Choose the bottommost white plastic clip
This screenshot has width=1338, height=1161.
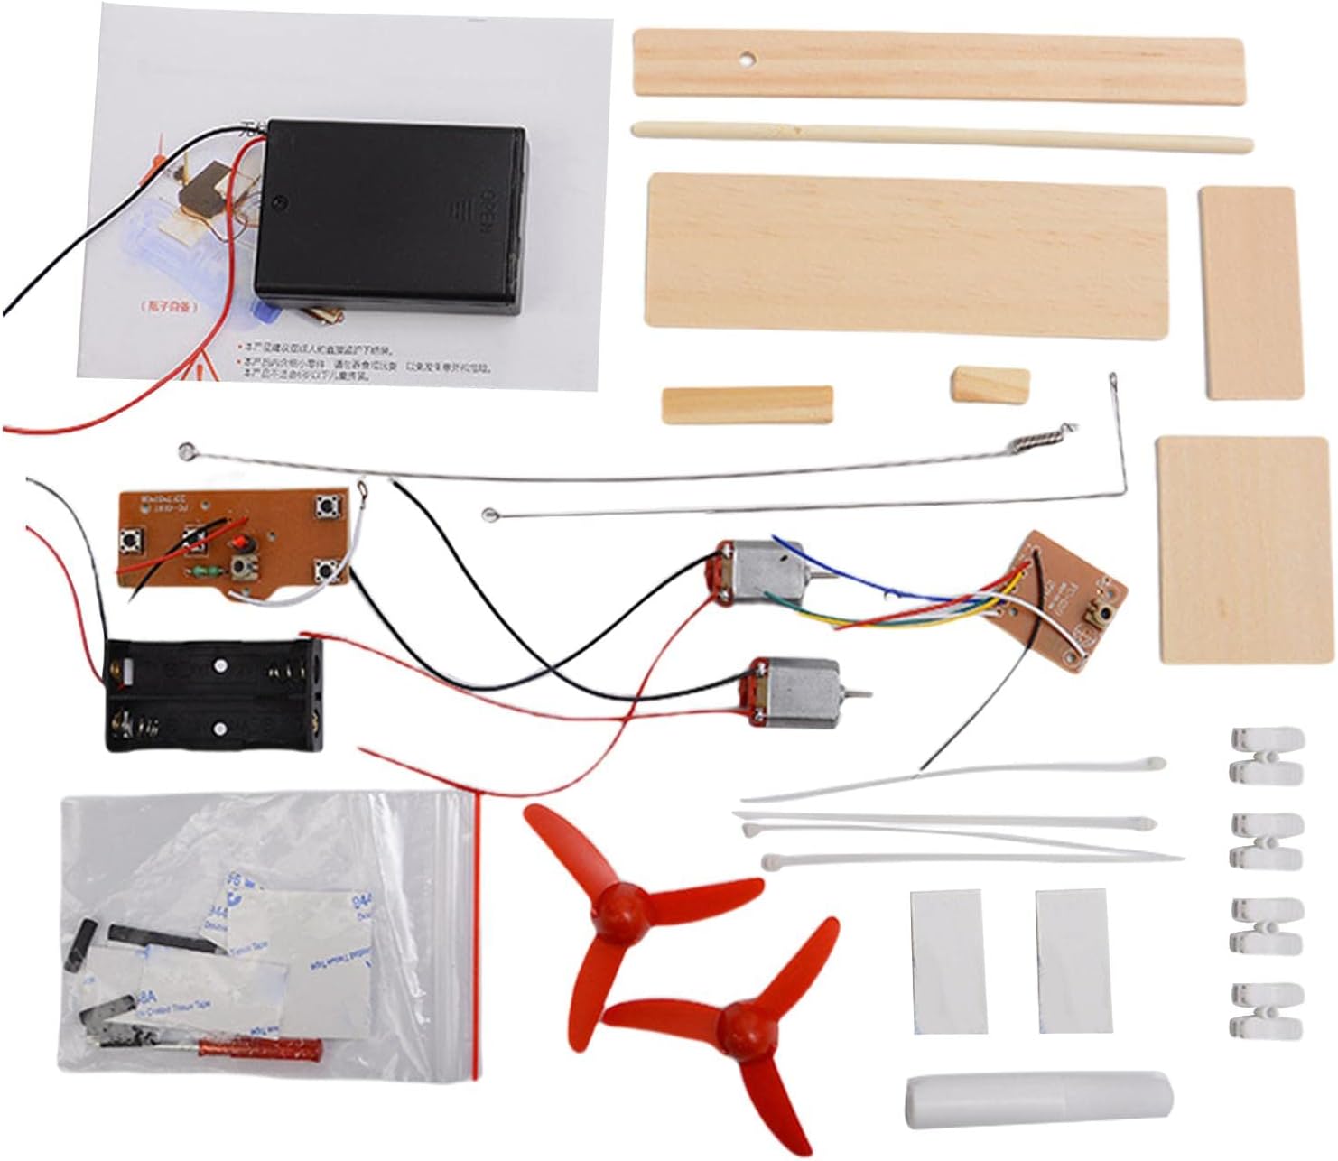click(1266, 1008)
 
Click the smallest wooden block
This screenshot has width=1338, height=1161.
click(990, 383)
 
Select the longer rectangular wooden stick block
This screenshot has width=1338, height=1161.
click(747, 404)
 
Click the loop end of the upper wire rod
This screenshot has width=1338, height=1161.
click(186, 449)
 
